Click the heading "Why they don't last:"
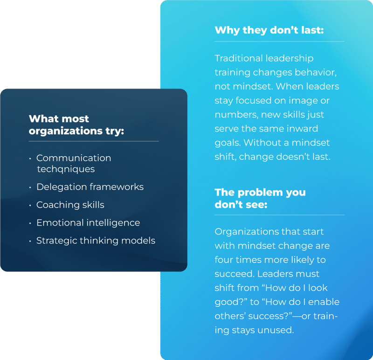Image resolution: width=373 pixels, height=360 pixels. click(269, 30)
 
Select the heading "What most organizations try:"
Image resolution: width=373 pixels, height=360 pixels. click(76, 125)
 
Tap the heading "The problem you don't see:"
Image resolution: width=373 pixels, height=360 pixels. click(260, 198)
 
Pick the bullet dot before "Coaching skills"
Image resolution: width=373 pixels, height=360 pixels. click(30, 206)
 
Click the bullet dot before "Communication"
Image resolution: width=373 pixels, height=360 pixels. click(30, 159)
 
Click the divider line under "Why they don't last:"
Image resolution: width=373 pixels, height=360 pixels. click(279, 42)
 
